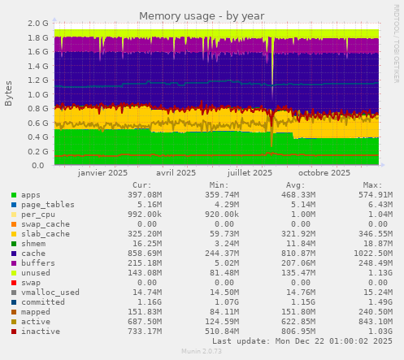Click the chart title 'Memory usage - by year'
[x=202, y=15]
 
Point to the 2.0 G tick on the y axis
[x=37, y=24]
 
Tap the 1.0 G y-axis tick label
[x=37, y=94]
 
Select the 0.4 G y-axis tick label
[x=37, y=137]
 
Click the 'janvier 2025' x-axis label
[x=103, y=173]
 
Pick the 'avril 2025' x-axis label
[x=176, y=173]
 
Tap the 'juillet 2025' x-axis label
[x=250, y=173]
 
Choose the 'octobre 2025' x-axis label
[x=324, y=173]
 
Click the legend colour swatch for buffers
[x=14, y=263]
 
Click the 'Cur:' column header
[x=141, y=185]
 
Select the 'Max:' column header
[x=373, y=185]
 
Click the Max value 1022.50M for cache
[x=370, y=254]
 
